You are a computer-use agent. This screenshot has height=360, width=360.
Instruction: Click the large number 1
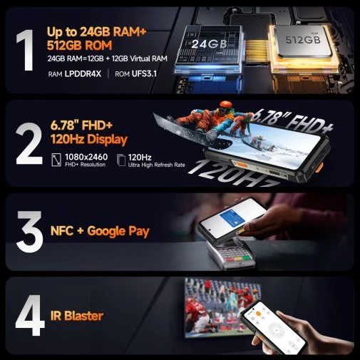click(x=26, y=50)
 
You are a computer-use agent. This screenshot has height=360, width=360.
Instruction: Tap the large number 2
click(x=29, y=143)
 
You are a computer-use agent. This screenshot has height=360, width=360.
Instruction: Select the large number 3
click(x=30, y=231)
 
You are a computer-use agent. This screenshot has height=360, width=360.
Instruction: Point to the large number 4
click(x=30, y=315)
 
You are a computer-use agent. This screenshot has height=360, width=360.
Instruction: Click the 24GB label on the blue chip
click(x=209, y=43)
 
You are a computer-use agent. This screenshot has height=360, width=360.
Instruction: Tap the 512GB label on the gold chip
click(x=303, y=40)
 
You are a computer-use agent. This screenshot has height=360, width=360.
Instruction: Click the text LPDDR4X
click(x=83, y=74)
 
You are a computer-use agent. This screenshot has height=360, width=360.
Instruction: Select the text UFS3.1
click(x=144, y=74)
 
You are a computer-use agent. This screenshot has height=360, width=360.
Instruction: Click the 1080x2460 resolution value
click(x=86, y=157)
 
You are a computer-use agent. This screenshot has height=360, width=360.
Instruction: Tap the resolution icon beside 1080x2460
click(x=56, y=160)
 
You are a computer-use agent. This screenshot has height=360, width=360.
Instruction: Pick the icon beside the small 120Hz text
click(x=121, y=160)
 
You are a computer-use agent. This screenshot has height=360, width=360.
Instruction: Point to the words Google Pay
click(x=118, y=231)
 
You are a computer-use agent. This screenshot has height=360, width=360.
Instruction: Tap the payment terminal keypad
click(x=235, y=254)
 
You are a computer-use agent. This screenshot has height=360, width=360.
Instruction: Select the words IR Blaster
click(x=77, y=316)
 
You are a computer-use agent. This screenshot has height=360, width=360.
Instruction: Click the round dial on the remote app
click(x=276, y=330)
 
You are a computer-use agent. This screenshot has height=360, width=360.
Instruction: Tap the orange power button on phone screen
click(x=259, y=314)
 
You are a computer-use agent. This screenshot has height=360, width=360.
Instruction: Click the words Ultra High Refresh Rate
click(x=156, y=165)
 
